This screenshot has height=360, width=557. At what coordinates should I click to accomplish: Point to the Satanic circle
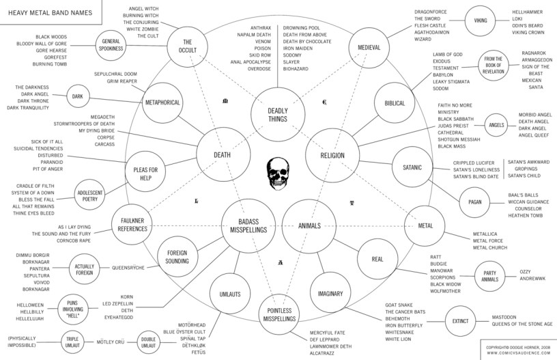click(x=412, y=167)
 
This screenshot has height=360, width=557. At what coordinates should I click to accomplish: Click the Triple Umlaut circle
click(x=73, y=340)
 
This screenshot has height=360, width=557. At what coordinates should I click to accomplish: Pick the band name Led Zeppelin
click(x=137, y=303)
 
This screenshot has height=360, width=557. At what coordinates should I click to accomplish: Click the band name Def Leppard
click(x=325, y=339)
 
